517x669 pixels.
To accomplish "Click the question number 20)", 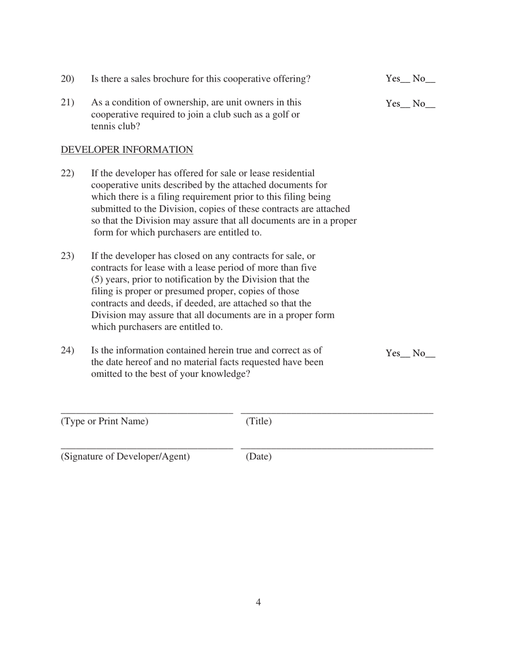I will point(67,79).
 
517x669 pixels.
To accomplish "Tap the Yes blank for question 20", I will point(405,81).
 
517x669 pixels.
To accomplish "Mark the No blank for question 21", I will point(430,106).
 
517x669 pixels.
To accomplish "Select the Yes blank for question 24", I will point(405,356).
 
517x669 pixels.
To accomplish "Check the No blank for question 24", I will point(430,356).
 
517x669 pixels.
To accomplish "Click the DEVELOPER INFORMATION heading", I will point(127,150).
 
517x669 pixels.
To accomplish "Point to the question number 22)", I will point(67,174).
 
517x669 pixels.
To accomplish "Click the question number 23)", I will point(67,256).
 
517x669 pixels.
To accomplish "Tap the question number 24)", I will point(67,350).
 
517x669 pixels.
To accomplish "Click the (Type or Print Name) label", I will point(104,422).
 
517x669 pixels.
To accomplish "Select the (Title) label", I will point(258,422).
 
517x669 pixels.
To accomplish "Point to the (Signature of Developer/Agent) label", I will point(125,456).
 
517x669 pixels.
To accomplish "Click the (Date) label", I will point(258,456).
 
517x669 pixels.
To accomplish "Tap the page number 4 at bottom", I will point(258,602).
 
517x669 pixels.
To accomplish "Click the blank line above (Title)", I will point(337,414).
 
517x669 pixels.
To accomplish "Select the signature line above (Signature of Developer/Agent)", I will point(147,448).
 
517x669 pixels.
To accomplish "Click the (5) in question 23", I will point(97,280).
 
